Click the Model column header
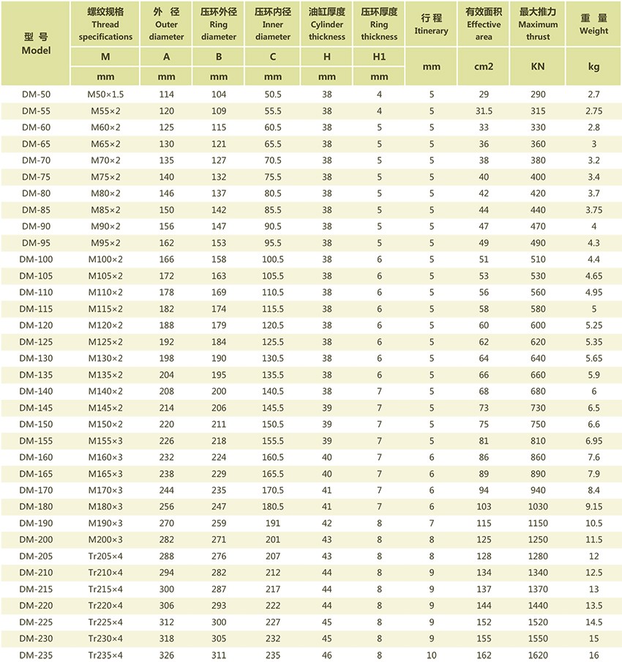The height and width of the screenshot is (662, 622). click(36, 43)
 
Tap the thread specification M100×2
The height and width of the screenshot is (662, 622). click(106, 259)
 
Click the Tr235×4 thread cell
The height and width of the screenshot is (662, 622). click(106, 655)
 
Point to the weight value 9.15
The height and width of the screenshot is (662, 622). click(593, 507)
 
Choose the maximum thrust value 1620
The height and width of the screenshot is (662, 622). click(538, 655)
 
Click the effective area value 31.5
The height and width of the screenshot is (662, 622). click(483, 111)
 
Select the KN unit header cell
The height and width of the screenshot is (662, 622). click(538, 67)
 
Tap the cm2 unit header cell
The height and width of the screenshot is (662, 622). click(483, 67)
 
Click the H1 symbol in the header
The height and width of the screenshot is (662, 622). click(379, 56)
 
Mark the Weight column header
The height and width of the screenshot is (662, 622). click(593, 24)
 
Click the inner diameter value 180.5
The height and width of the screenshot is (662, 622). click(273, 507)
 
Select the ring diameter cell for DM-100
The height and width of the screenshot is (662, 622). click(219, 259)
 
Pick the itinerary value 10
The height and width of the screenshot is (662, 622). click(432, 655)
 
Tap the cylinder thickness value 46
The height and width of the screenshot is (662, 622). click(326, 655)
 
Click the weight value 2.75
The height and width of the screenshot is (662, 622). click(593, 111)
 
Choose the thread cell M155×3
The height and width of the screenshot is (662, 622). click(106, 441)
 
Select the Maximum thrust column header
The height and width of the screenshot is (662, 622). click(538, 24)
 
